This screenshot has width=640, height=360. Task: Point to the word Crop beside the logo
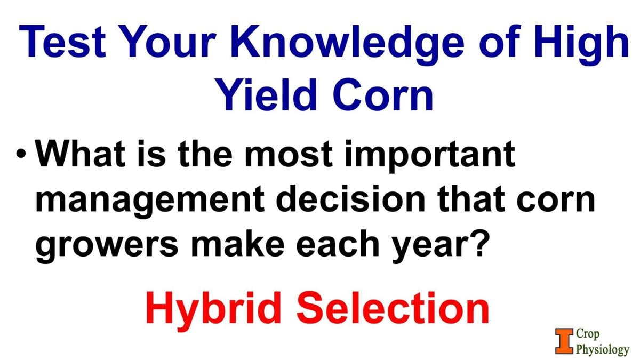588,334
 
